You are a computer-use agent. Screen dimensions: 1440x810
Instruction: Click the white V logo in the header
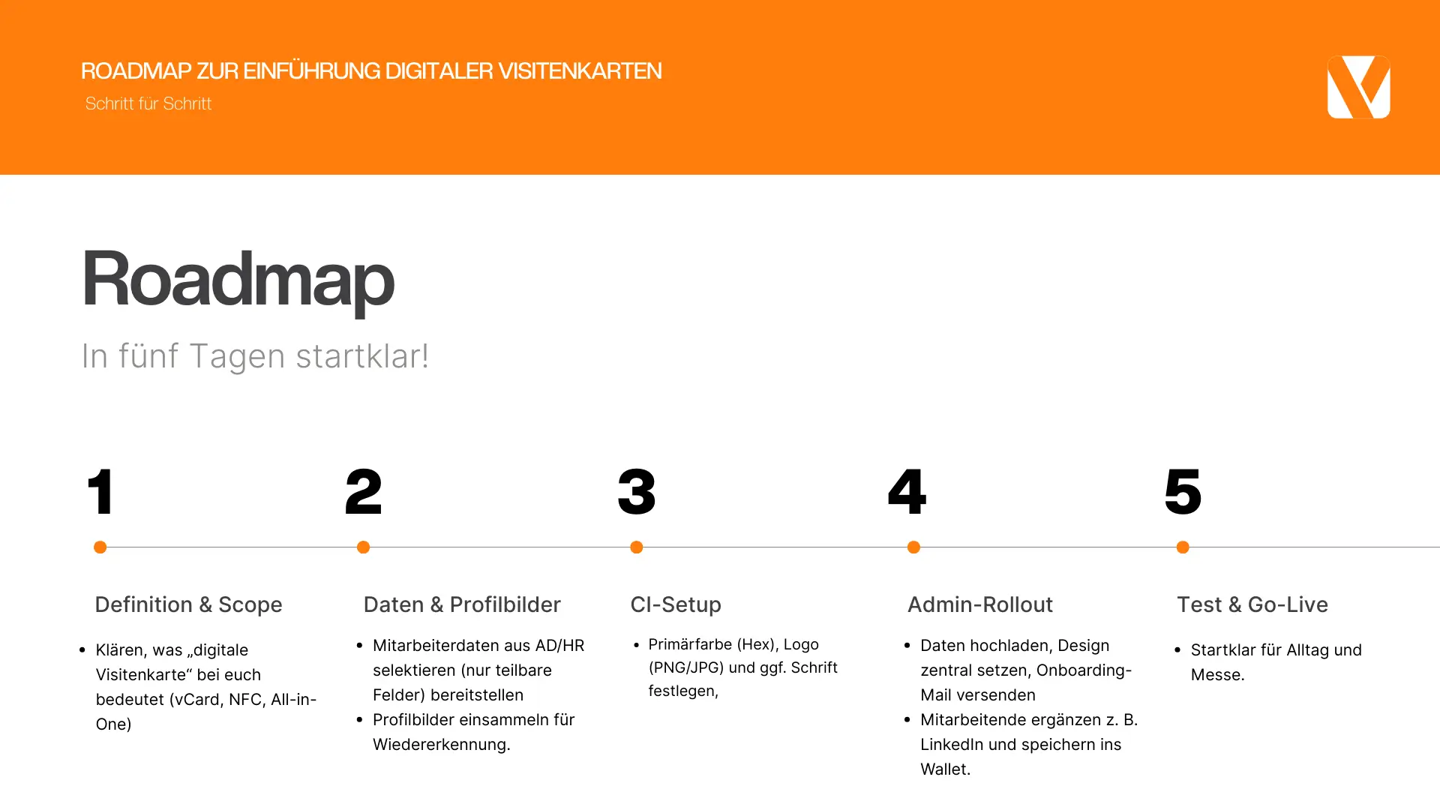tap(1358, 87)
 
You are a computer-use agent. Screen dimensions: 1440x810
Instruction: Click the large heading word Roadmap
tap(237, 280)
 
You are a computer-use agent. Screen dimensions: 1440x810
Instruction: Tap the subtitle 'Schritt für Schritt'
tap(148, 103)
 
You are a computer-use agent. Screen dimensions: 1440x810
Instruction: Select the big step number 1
tap(101, 491)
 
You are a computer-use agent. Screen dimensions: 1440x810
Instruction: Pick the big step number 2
tap(364, 491)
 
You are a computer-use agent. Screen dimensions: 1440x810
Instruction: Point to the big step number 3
tap(637, 491)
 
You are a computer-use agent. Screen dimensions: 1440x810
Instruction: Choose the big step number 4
tap(907, 491)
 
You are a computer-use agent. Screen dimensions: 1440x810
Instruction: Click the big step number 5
tap(1183, 491)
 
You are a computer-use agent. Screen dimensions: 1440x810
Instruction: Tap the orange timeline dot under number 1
tap(100, 547)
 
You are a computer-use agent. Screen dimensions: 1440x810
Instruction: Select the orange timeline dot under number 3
tap(637, 547)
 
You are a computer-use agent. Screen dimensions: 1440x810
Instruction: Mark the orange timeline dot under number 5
tap(1183, 547)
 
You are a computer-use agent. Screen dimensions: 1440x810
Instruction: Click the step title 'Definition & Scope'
tap(188, 604)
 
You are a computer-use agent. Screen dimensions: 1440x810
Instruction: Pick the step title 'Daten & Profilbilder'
tap(462, 604)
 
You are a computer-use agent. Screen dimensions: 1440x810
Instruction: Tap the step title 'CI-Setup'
tap(676, 604)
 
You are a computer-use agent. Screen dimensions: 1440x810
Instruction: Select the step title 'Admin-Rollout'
tap(980, 604)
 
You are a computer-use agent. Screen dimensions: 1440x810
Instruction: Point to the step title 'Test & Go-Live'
tap(1252, 604)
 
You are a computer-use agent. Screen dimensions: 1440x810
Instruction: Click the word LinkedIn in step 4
tap(952, 745)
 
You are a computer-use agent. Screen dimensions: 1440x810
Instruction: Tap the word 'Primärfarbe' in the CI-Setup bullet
tap(690, 644)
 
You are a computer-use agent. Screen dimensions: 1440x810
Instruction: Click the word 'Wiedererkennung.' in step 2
tap(442, 745)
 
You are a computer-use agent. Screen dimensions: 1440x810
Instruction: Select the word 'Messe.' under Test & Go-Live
tap(1218, 675)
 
